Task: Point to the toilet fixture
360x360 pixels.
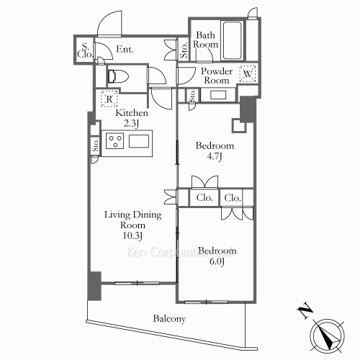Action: click(118, 76)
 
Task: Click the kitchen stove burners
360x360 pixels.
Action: click(115, 142)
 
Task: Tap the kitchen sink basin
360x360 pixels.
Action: click(138, 142)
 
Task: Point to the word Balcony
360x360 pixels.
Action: click(169, 319)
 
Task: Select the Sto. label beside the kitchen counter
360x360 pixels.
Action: click(95, 145)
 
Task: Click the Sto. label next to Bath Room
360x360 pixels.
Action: click(184, 50)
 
